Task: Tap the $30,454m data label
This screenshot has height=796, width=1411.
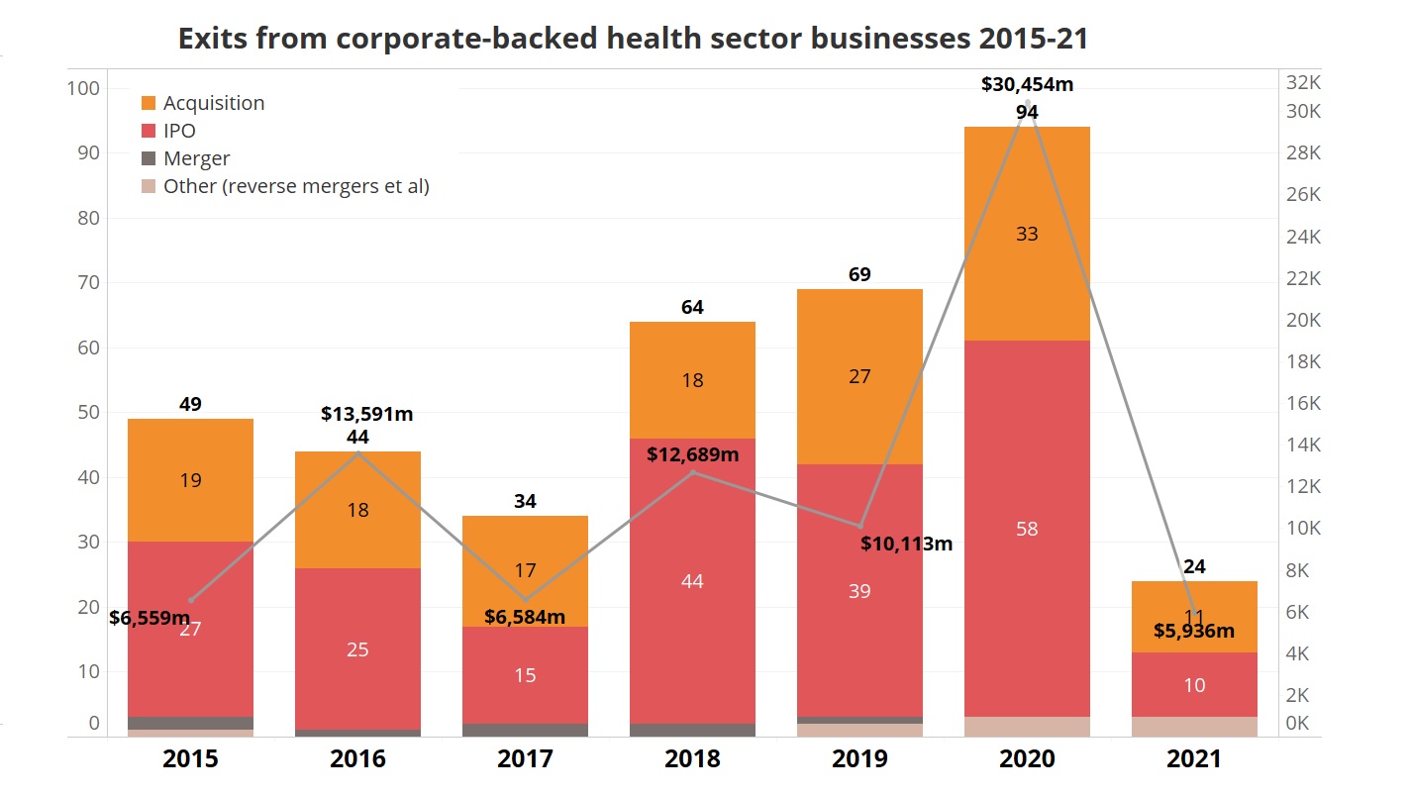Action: pyautogui.click(x=1027, y=84)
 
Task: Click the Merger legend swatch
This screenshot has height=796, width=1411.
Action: pyautogui.click(x=150, y=158)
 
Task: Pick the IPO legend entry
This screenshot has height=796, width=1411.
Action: pyautogui.click(x=179, y=131)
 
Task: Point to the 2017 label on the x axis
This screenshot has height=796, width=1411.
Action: pyautogui.click(x=525, y=759)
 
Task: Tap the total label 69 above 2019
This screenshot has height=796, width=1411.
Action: pyautogui.click(x=859, y=274)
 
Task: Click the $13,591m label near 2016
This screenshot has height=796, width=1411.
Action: pyautogui.click(x=366, y=414)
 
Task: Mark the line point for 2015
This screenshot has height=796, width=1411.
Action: pyautogui.click(x=191, y=600)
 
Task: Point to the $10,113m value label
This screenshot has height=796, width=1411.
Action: pyautogui.click(x=906, y=544)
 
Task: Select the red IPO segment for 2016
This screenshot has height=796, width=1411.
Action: pyautogui.click(x=357, y=648)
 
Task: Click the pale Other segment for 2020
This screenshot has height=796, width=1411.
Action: pyautogui.click(x=1027, y=727)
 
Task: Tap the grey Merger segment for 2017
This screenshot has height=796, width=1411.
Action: pyautogui.click(x=525, y=730)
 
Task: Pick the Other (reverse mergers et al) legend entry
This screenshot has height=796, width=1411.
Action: pyautogui.click(x=296, y=186)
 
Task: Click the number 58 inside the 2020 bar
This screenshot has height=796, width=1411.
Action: pyautogui.click(x=1027, y=529)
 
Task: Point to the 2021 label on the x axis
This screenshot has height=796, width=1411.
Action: pyautogui.click(x=1194, y=759)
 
